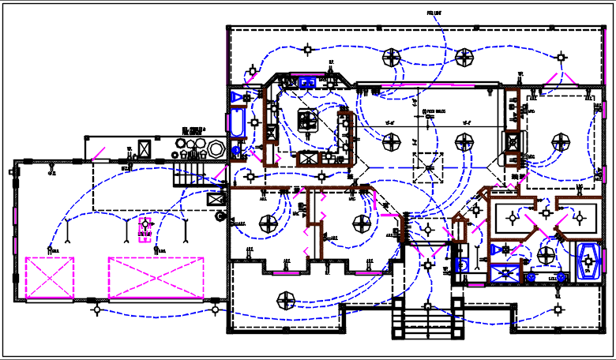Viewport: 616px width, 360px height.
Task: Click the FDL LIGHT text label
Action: click(434, 13)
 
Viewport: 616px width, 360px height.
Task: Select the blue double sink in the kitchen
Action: click(307, 81)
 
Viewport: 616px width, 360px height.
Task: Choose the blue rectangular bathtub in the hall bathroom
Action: click(236, 123)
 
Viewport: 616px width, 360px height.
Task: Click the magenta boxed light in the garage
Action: click(145, 228)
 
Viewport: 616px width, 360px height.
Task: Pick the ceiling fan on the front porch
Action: click(285, 299)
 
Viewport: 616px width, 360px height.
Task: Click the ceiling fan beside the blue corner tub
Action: click(546, 254)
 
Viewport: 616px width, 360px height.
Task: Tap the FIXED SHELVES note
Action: click(435, 111)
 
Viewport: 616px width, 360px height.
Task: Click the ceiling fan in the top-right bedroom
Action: click(561, 142)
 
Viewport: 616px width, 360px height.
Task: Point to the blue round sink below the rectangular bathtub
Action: click(235, 148)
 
